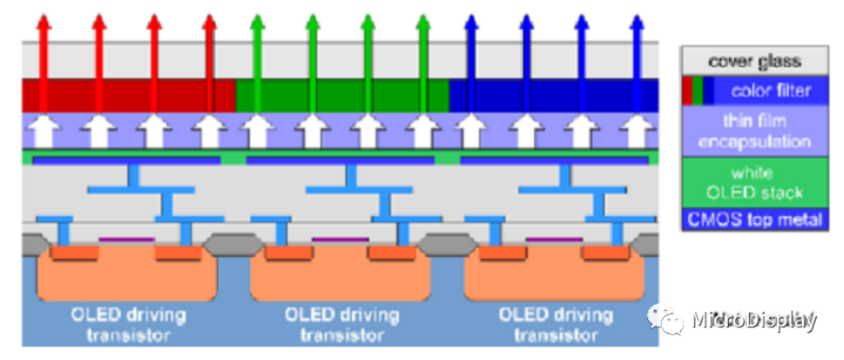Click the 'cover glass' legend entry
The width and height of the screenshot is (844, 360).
(754, 60)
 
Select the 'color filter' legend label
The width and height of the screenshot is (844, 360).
(771, 91)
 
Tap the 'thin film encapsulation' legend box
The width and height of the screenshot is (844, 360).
(754, 131)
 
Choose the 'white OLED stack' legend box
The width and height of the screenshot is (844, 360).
(754, 182)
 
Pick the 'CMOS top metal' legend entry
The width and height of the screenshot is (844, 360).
(754, 219)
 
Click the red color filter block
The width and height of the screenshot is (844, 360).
(129, 95)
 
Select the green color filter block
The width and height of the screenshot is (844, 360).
(343, 95)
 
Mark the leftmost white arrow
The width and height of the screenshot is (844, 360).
(44, 131)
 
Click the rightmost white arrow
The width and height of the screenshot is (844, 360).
(636, 131)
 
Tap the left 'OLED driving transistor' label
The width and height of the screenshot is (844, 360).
(128, 325)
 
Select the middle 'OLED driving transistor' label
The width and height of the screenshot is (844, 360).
(342, 325)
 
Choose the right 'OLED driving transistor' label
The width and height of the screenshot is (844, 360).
(556, 325)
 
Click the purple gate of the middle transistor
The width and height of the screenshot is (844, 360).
(341, 239)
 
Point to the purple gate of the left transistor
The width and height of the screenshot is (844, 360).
(127, 239)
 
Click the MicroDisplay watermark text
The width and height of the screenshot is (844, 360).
(754, 320)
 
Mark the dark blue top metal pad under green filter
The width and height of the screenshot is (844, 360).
(340, 161)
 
